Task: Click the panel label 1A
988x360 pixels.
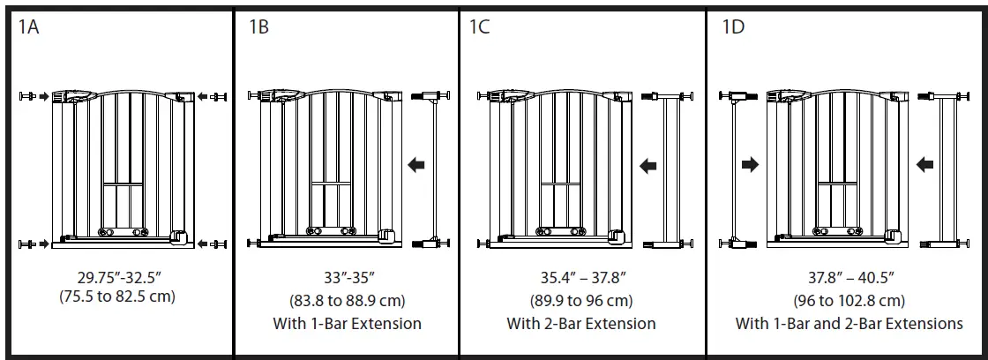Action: tap(29, 26)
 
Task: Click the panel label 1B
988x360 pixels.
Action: tap(258, 26)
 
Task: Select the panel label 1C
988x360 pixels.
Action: tap(479, 26)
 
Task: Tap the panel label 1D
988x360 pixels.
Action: tap(733, 26)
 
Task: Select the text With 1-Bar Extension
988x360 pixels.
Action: tap(347, 323)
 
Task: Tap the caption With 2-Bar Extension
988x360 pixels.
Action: tap(581, 323)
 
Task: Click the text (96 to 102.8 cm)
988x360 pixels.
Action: tap(850, 300)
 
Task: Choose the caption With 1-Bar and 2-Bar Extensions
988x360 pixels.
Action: tap(850, 323)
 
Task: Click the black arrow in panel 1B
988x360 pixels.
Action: tap(416, 163)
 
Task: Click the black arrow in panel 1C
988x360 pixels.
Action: tap(647, 164)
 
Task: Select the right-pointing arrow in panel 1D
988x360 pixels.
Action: tap(751, 164)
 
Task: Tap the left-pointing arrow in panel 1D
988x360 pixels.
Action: tap(925, 163)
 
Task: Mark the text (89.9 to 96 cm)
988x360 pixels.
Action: tap(581, 300)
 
